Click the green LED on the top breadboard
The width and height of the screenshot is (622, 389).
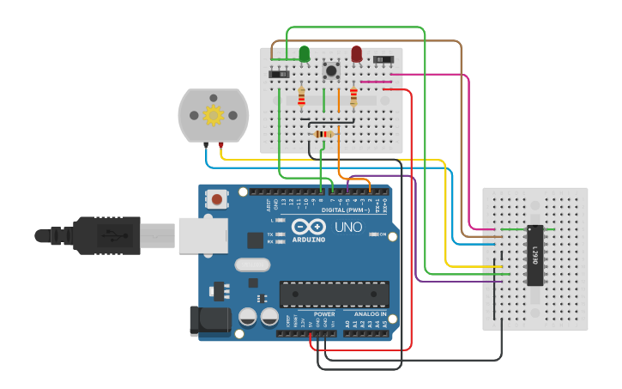pyautogui.click(x=305, y=55)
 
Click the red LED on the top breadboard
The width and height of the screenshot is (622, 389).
pyautogui.click(x=356, y=55)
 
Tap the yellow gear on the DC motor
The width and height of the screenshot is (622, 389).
pyautogui.click(x=212, y=114)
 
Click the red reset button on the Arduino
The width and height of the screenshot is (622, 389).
pyautogui.click(x=217, y=200)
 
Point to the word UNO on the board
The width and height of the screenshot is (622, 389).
pyautogui.click(x=348, y=228)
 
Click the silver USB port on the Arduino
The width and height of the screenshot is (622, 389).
pyautogui.click(x=202, y=235)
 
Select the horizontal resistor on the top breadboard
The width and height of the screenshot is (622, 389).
pyautogui.click(x=323, y=134)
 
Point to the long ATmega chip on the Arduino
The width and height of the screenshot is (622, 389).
pyautogui.click(x=334, y=294)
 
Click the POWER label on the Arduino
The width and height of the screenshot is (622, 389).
pyautogui.click(x=324, y=314)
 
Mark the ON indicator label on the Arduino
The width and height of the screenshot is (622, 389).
pyautogui.click(x=382, y=234)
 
